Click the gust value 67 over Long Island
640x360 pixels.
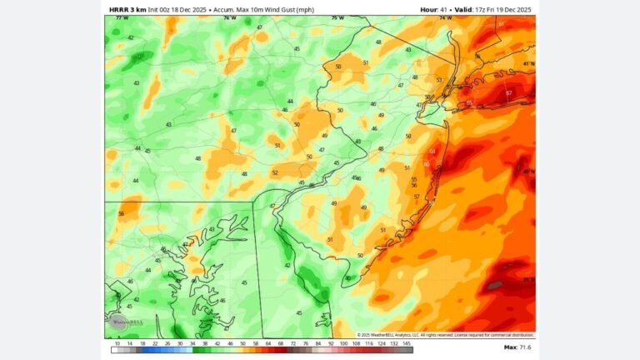tap(508, 93)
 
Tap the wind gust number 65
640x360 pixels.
tap(469, 103)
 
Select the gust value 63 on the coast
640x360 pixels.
tap(432, 152)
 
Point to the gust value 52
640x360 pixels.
tap(274, 172)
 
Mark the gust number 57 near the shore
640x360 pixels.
tap(417, 197)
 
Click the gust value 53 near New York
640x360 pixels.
tap(439, 80)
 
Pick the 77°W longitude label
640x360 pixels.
tap(122, 18)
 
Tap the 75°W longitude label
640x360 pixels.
tap(337, 18)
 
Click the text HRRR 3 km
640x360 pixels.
tap(127, 8)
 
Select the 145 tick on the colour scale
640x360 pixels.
tap(407, 342)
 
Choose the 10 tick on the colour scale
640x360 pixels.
tap(117, 342)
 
